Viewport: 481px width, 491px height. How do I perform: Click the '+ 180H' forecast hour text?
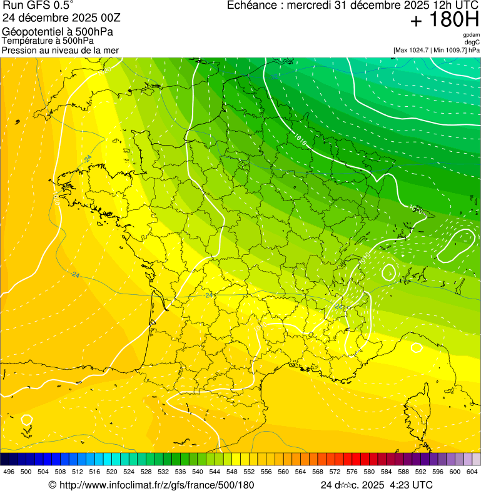444,20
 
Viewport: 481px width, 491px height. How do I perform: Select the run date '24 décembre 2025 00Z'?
66,17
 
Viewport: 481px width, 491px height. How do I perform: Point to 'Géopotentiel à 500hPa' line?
58,31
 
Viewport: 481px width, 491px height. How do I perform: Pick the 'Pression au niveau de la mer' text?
61,50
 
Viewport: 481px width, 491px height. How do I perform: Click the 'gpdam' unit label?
471,35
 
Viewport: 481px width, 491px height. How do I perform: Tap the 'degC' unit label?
472,42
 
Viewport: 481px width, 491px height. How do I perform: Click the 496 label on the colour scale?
9,472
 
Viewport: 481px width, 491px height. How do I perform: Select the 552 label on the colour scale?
249,472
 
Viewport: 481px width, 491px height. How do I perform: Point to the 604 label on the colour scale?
472,472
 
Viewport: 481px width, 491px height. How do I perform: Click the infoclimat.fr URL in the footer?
156,485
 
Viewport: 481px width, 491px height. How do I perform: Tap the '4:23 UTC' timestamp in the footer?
411,485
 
